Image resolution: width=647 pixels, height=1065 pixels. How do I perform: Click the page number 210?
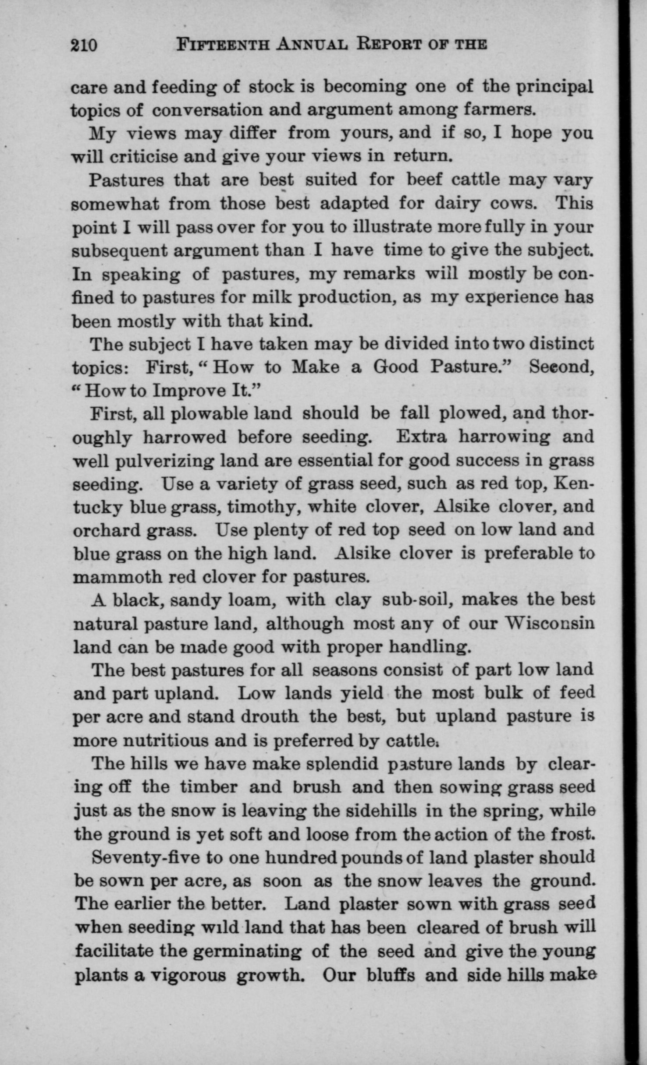click(83, 45)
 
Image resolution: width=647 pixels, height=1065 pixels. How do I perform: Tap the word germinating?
click(247, 951)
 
